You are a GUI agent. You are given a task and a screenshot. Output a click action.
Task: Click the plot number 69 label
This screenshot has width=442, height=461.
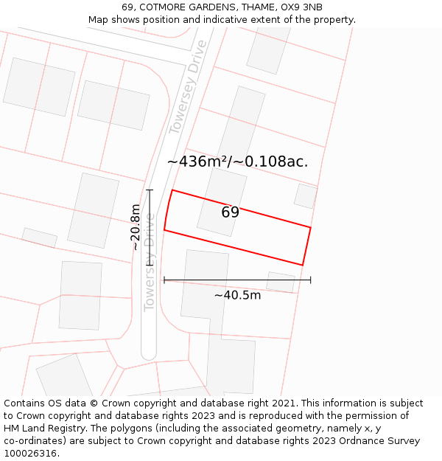(x=230, y=212)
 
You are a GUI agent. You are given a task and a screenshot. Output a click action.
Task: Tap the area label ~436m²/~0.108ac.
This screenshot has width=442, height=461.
(x=237, y=162)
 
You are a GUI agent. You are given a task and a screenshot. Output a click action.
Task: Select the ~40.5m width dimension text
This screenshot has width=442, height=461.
(x=237, y=296)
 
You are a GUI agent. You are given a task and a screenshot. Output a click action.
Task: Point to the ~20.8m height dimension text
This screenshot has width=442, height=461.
(x=136, y=227)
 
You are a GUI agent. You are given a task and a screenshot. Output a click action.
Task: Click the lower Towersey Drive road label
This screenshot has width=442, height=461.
(x=150, y=262)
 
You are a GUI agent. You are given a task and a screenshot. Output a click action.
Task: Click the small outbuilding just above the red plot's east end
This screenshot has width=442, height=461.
(x=305, y=195)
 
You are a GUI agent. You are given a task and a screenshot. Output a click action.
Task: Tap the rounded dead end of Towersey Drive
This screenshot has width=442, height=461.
(x=149, y=352)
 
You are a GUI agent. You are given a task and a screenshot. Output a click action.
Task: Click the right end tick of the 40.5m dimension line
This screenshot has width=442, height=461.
(x=310, y=280)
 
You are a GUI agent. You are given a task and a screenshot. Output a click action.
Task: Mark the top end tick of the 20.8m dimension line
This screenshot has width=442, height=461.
(x=150, y=190)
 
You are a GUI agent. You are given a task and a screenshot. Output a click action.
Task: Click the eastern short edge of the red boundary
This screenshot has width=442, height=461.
(x=306, y=246)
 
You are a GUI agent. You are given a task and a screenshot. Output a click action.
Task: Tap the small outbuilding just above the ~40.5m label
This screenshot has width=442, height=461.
(x=280, y=282)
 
